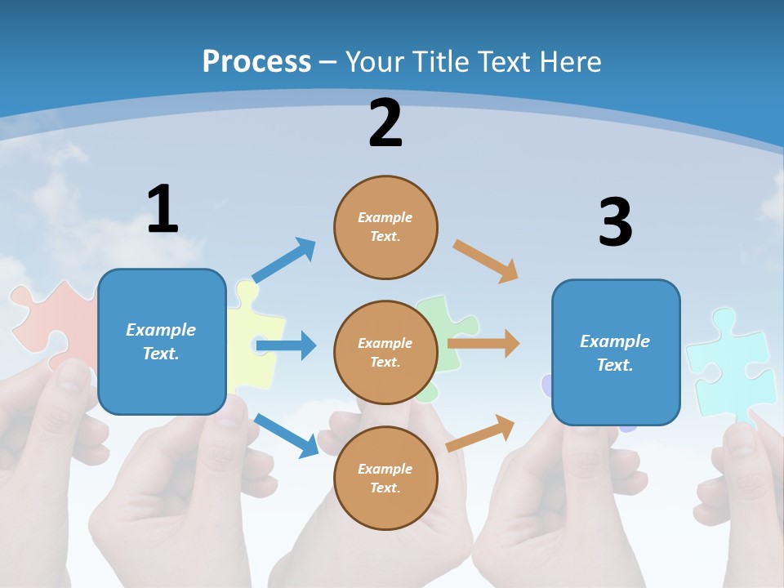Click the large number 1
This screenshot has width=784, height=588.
click(x=163, y=209)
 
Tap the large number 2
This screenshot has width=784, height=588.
click(x=385, y=123)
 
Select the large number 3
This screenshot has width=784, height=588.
click(x=615, y=223)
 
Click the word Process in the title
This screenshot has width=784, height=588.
click(x=256, y=61)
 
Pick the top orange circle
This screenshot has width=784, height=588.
click(x=385, y=227)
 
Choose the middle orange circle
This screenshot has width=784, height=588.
click(x=385, y=352)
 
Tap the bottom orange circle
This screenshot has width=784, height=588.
click(x=385, y=478)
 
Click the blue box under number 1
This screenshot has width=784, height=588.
click(x=162, y=341)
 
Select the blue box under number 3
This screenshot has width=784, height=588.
click(x=615, y=352)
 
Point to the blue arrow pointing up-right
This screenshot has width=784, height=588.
click(x=283, y=261)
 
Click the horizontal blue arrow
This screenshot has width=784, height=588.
click(x=286, y=345)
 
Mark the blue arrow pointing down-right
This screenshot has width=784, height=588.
click(x=286, y=435)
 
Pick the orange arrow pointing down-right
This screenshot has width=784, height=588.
click(x=486, y=261)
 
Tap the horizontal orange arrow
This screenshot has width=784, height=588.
click(x=483, y=344)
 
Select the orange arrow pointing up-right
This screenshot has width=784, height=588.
click(x=480, y=434)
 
